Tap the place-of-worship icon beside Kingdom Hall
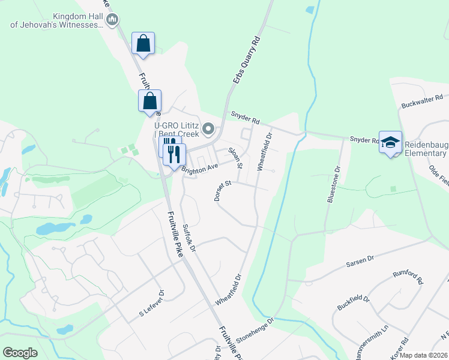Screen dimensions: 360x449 [x=112, y=21]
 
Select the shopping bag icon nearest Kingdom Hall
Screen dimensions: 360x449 [x=143, y=44]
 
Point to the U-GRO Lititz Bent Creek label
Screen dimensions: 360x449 [x=177, y=130]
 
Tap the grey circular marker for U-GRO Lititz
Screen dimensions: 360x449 [x=209, y=128]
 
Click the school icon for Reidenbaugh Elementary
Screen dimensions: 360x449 [x=390, y=142]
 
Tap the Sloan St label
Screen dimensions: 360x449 [x=236, y=157]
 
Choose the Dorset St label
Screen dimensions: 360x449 [x=221, y=190]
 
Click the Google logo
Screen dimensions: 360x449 [x=20, y=352]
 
